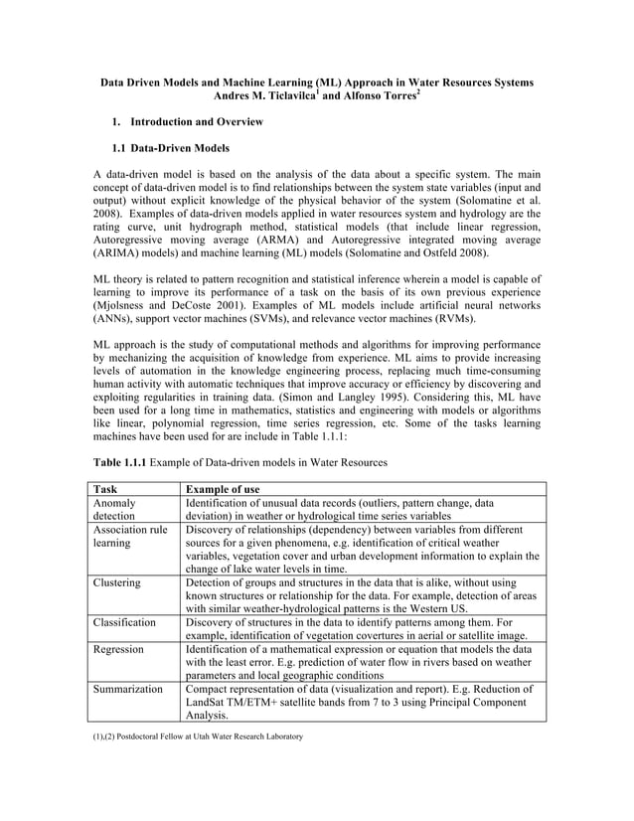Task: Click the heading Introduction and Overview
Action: click(x=196, y=121)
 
